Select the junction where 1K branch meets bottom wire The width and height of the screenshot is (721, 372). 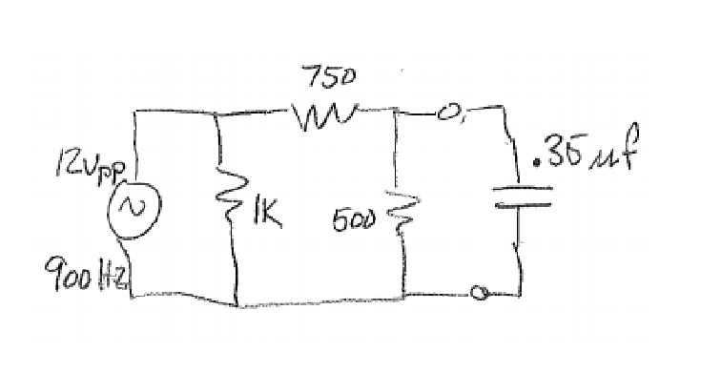tap(235, 304)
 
